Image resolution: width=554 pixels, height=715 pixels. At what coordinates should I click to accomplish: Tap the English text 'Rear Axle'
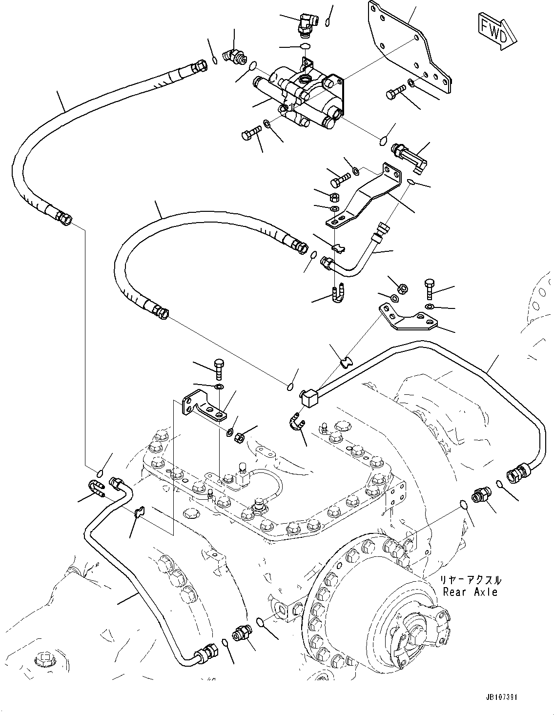(x=470, y=592)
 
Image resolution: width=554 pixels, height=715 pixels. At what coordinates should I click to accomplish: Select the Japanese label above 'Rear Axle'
(x=470, y=580)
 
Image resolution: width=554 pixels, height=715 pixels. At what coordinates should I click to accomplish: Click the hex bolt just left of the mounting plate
(x=395, y=92)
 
